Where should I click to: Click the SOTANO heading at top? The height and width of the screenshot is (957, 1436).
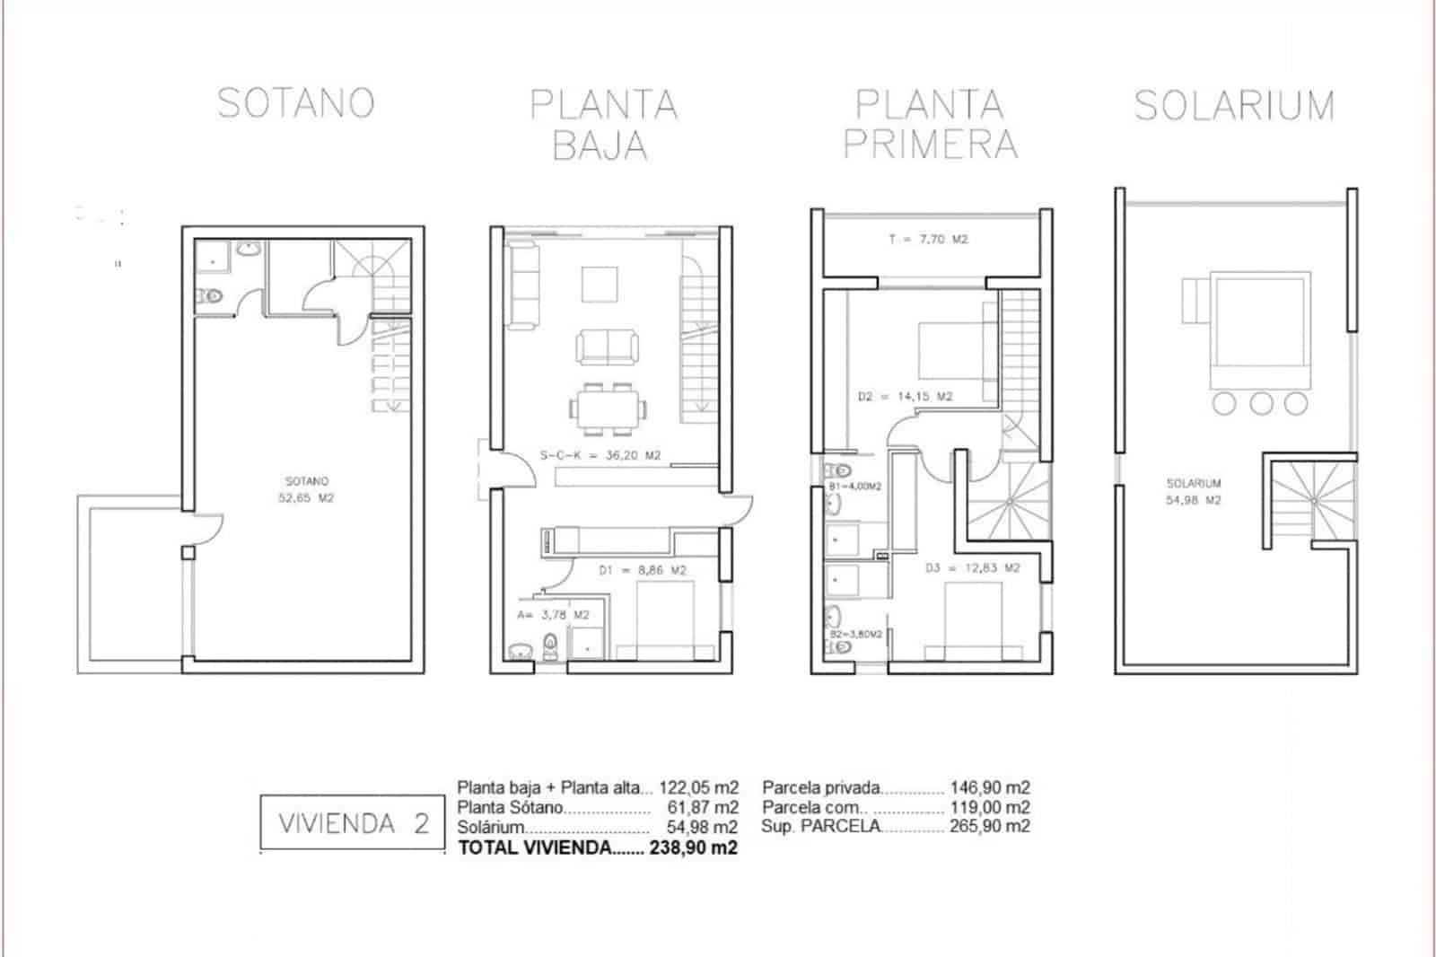[x=296, y=103]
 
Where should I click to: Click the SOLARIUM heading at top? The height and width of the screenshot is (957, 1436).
[x=1234, y=106]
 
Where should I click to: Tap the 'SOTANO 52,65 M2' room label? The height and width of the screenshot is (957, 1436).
[x=306, y=489]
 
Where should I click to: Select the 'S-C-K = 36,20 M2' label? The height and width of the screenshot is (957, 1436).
[x=600, y=456]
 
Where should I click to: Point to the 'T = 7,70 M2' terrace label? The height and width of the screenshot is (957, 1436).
[x=928, y=240]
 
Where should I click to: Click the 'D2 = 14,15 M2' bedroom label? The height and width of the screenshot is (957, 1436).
[x=905, y=396]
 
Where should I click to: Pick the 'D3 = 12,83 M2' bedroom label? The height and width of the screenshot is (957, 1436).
[x=973, y=568]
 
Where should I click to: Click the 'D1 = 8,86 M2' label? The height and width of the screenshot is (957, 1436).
[x=642, y=570]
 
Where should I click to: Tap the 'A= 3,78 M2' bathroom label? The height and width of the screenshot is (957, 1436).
[x=553, y=615]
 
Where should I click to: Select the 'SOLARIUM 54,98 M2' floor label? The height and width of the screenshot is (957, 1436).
[x=1193, y=492]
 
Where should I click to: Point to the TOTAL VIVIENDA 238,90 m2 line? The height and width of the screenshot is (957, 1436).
[x=598, y=847]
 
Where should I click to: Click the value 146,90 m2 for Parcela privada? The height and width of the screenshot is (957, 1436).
[x=990, y=787]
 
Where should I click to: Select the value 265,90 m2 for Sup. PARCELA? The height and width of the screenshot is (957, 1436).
[x=990, y=826]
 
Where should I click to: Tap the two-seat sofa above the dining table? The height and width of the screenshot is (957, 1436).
[x=608, y=347]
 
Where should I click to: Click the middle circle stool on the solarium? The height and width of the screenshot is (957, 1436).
[x=1260, y=403]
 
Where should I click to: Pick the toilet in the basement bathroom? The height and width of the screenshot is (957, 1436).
[x=213, y=294]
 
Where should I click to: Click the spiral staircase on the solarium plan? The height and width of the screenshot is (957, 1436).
[x=1310, y=498]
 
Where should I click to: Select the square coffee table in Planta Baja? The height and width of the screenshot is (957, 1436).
[x=600, y=285]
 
